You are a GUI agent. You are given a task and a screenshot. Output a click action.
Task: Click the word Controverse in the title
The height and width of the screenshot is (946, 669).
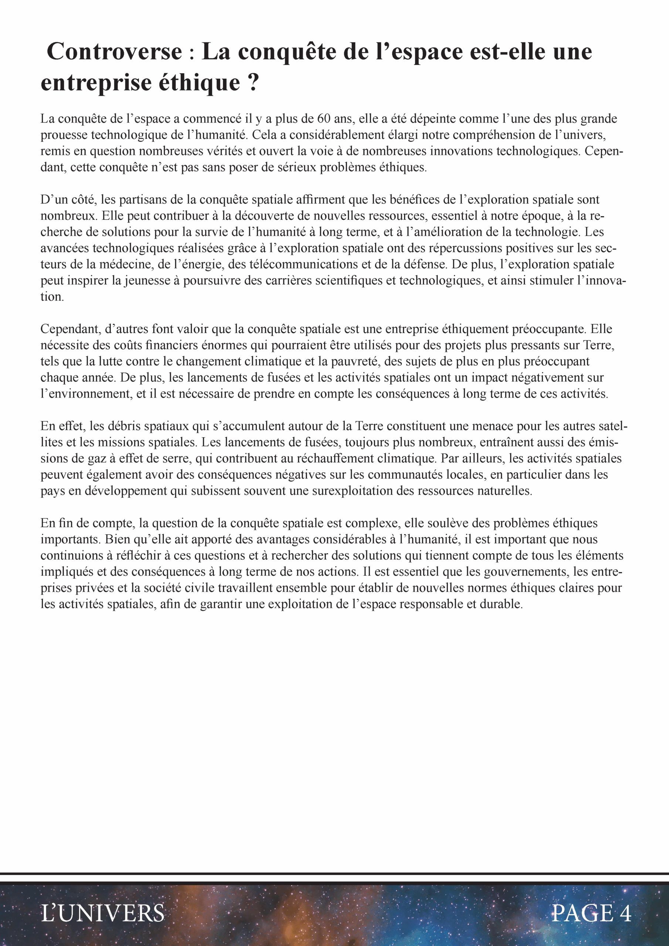tap(114, 52)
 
